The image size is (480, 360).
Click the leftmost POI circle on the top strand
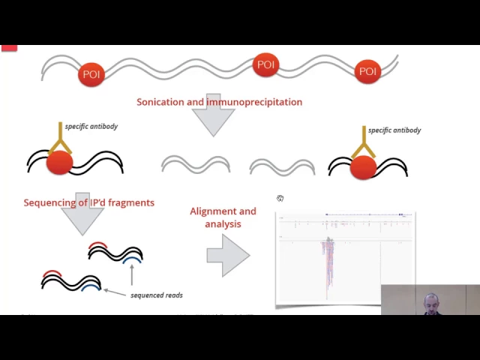tap(91, 73)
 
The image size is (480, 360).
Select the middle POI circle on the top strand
tap(266, 64)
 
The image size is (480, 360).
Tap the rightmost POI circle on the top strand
tap(367, 71)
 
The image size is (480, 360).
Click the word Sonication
tap(160, 102)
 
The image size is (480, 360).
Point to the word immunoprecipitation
tap(254, 102)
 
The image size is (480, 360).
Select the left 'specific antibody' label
tap(91, 126)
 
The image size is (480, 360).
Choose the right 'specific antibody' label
tap(394, 130)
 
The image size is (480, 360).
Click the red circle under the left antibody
tap(59, 163)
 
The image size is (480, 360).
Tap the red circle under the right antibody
tap(363, 167)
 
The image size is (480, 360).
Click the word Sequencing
tap(50, 202)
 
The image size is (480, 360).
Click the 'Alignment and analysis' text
tap(223, 217)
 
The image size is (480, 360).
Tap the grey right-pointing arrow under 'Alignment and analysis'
tap(228, 255)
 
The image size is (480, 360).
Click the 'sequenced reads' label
tap(156, 295)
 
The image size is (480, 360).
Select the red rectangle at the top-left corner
tap(8, 48)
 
